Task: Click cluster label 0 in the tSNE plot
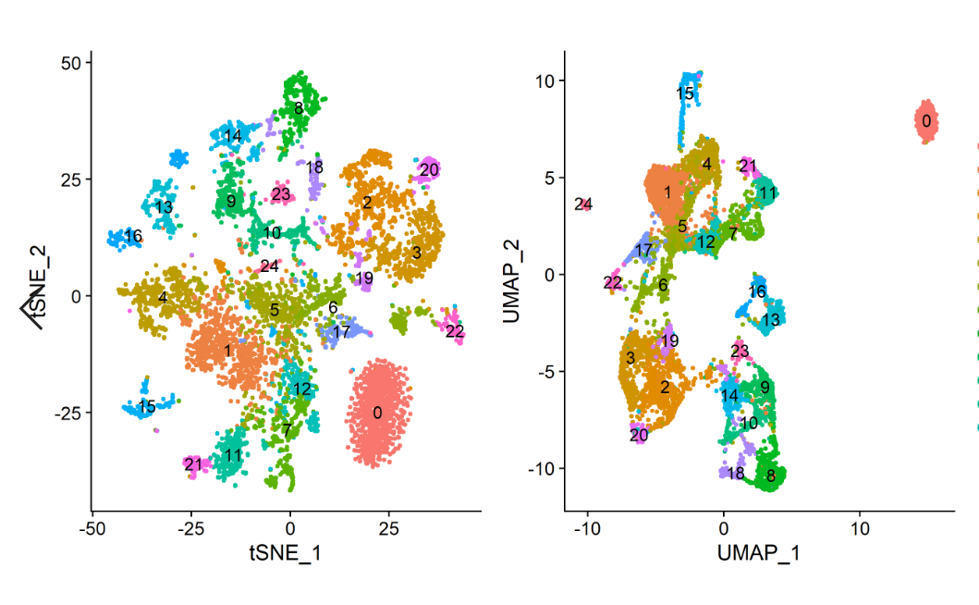(377, 413)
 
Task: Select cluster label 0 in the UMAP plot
(925, 121)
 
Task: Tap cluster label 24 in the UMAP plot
(582, 204)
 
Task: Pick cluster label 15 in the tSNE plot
(146, 407)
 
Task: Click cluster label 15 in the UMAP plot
(685, 94)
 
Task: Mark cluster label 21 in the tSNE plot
(192, 464)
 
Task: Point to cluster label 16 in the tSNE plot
(133, 237)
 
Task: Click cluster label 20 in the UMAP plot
(639, 435)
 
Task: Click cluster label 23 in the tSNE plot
(281, 195)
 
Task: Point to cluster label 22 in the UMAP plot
(613, 283)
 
